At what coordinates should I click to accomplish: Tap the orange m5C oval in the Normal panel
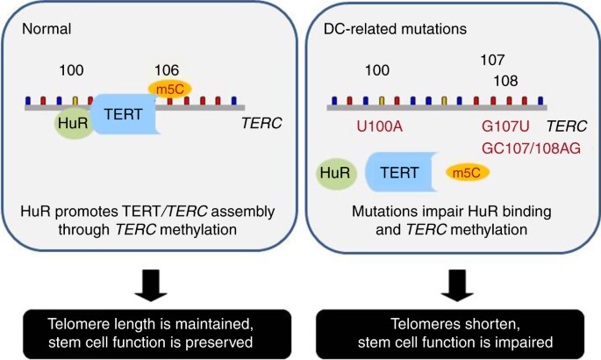167,88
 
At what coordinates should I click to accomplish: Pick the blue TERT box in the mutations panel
397,172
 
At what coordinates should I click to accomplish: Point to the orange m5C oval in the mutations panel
468,173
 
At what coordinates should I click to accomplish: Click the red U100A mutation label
379,126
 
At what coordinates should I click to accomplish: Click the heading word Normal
49,26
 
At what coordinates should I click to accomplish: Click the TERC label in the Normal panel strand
261,123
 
